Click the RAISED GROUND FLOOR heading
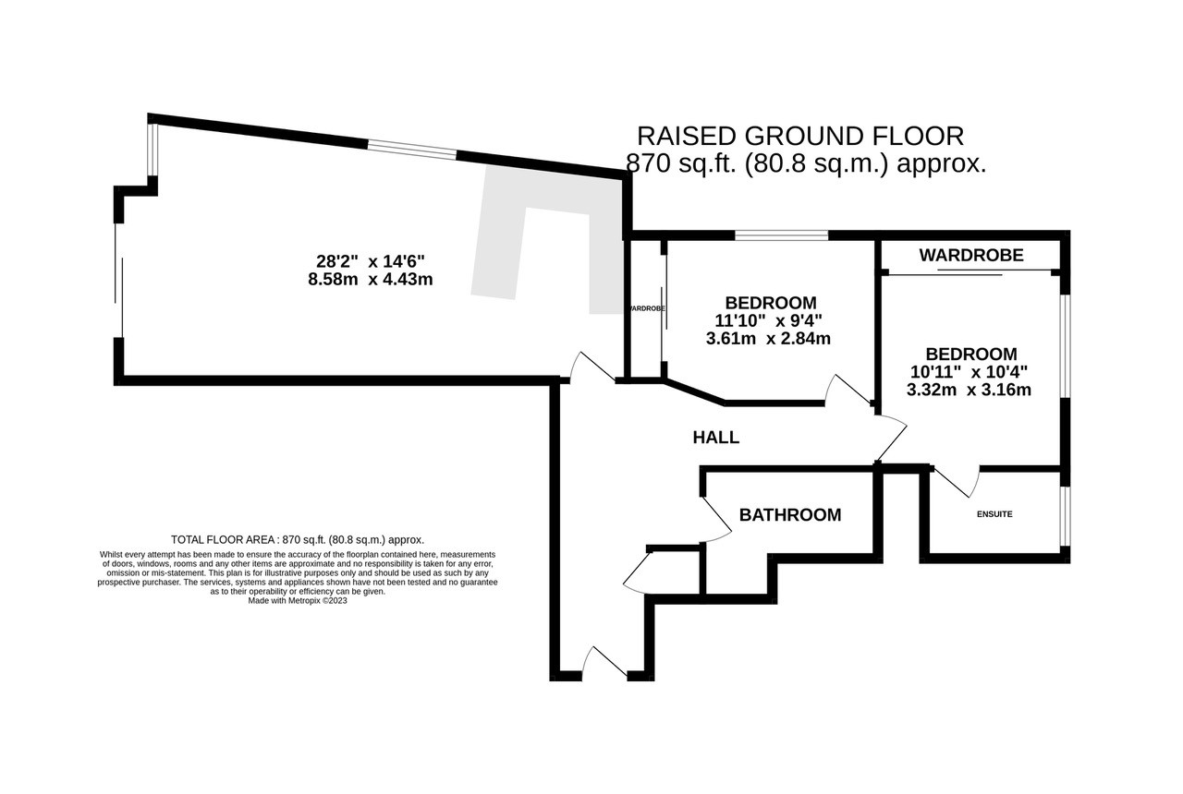click(800, 136)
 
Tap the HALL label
click(715, 438)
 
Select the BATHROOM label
click(790, 515)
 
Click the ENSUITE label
click(994, 514)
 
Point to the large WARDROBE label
click(971, 256)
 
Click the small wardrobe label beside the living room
click(645, 308)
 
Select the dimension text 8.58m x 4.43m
click(371, 279)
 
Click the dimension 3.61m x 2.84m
click(768, 339)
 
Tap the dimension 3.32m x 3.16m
click(969, 390)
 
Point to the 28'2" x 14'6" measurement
click(371, 261)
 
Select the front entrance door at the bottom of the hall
click(604, 663)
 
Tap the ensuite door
click(957, 482)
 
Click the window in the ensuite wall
click(1066, 515)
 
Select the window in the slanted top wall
click(412, 150)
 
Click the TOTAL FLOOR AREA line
click(298, 540)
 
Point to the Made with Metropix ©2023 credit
click(298, 600)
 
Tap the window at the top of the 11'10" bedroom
click(782, 235)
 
